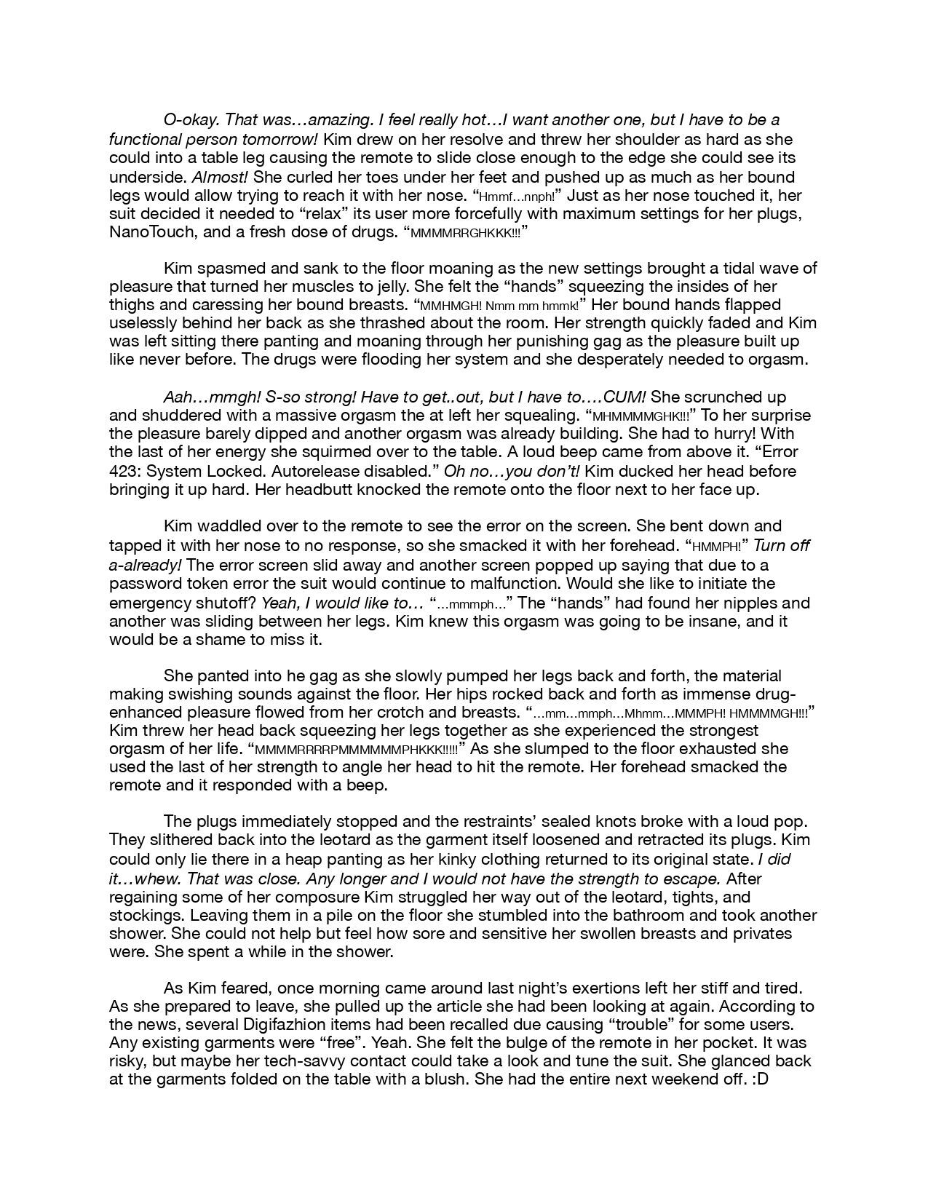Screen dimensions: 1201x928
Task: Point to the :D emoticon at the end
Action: pyautogui.click(x=759, y=1080)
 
